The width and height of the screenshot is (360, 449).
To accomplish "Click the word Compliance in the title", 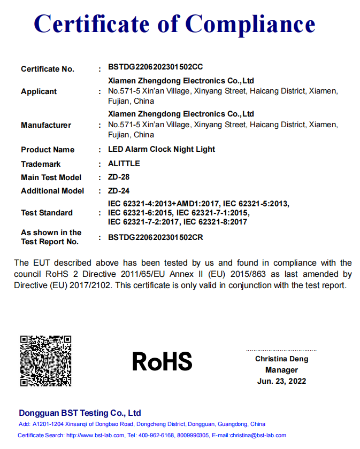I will coord(250,25).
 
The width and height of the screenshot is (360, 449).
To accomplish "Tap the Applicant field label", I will coord(39,91).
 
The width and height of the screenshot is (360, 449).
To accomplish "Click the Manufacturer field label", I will coord(46,125).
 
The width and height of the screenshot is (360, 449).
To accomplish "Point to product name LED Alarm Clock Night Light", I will coord(162,149).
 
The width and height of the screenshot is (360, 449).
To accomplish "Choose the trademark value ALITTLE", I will coord(124,164).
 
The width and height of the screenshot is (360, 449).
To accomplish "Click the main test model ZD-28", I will coord(119,177).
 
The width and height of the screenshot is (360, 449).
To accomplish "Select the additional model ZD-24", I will coord(119,190).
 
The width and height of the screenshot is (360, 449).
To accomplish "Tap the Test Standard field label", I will coord(47,213).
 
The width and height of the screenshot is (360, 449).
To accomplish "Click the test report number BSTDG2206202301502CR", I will coord(156,237).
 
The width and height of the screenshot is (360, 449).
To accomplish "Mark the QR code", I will coord(45,361).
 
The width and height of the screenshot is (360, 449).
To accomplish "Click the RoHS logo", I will coord(162,362).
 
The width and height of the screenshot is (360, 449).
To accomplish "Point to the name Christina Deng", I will coord(281,359).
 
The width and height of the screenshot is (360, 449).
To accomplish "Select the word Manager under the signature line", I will coord(281,370).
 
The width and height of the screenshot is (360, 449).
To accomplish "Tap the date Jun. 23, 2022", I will coord(281,381).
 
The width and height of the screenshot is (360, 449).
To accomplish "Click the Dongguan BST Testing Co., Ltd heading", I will coord(80,413).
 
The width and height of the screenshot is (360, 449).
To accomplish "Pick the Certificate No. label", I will coord(48,69).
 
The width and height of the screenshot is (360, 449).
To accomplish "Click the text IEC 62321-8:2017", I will coord(215,222).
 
